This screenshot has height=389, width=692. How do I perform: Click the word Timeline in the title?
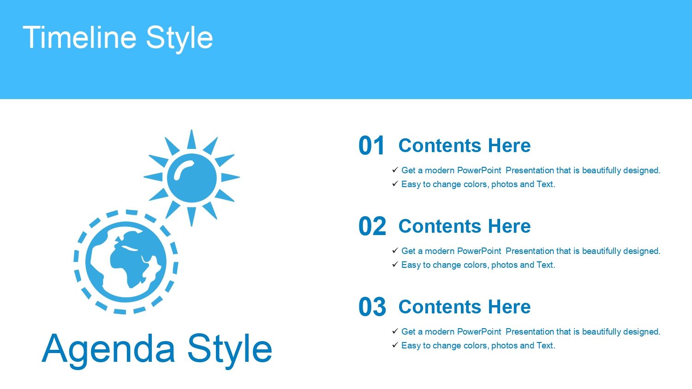[80, 37]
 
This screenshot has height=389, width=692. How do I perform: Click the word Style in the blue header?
[179, 39]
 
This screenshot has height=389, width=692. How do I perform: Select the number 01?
[371, 145]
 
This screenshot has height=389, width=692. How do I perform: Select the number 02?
[372, 226]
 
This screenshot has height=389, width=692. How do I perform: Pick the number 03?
[372, 307]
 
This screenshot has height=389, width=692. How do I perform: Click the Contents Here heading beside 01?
[465, 145]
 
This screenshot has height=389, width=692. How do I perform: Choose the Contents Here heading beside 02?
[465, 226]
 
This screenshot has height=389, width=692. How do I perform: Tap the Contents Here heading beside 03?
[465, 307]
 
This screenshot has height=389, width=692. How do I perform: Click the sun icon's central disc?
[192, 178]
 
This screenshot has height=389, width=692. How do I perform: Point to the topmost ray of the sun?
[191, 139]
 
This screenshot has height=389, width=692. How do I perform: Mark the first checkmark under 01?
[395, 170]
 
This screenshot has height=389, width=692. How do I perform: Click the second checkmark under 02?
[395, 264]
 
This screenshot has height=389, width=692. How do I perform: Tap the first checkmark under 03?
[395, 331]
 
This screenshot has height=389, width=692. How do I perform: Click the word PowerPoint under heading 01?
[479, 171]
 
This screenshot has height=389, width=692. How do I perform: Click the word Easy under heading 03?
[411, 346]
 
